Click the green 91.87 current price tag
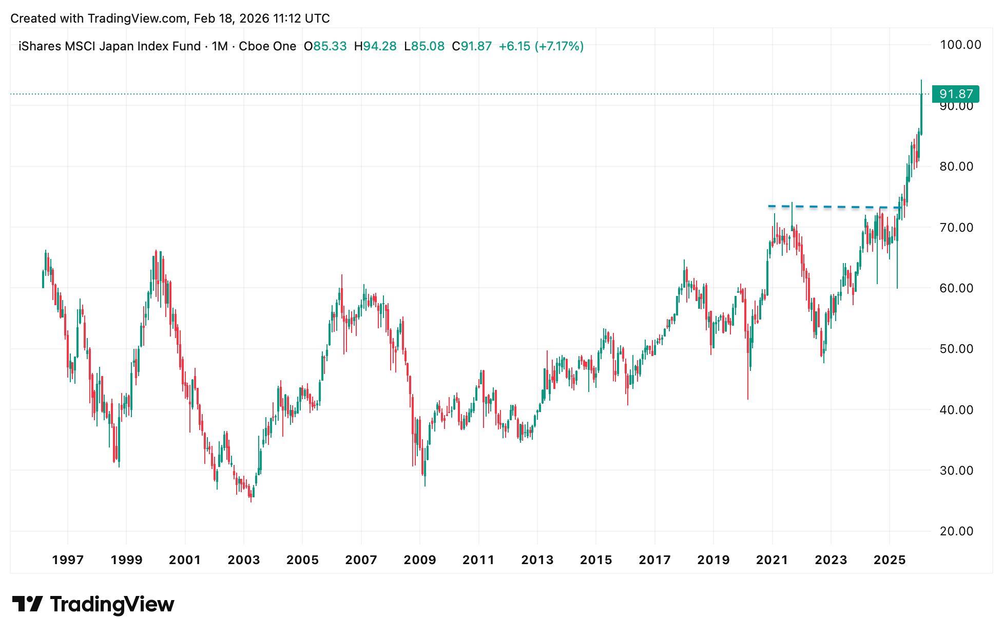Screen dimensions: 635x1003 [955, 94]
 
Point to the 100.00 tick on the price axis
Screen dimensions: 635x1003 [960, 45]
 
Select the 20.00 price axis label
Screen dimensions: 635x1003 [956, 531]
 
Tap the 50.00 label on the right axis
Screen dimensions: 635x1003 [956, 349]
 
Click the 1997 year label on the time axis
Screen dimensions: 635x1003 [68, 560]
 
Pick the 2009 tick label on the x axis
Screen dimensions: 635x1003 [420, 560]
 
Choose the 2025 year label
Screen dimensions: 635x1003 [890, 560]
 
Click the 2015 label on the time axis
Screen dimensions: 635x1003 [596, 560]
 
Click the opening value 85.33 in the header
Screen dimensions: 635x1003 [330, 46]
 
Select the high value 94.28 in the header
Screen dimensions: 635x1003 [380, 46]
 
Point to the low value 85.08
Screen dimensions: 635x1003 [428, 46]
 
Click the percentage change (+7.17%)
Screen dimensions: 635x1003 [559, 46]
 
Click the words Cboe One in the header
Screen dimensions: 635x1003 [267, 46]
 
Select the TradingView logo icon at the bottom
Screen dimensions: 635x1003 [27, 604]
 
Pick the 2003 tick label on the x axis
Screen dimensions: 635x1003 [244, 560]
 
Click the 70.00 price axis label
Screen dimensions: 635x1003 [956, 228]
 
